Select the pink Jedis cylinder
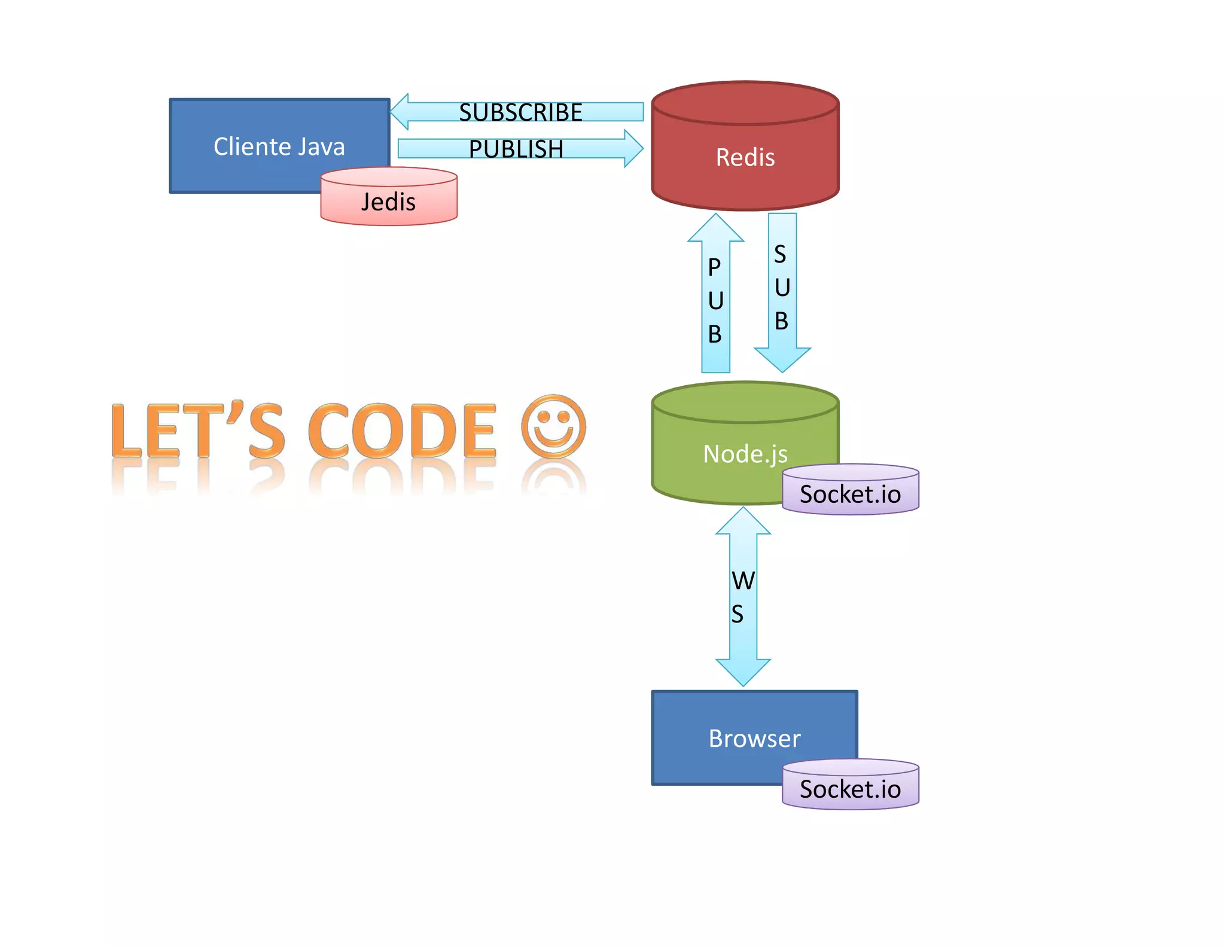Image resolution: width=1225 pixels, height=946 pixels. (389, 202)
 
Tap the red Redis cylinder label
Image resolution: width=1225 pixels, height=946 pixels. (745, 157)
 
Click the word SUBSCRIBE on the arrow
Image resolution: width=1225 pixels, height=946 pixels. (520, 112)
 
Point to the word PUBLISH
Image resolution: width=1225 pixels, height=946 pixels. (516, 149)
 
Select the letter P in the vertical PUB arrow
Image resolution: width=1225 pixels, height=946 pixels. (714, 267)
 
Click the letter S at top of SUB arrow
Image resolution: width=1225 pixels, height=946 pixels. (780, 254)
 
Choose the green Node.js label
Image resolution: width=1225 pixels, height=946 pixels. (745, 454)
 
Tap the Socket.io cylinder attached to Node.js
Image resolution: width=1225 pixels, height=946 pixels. (850, 494)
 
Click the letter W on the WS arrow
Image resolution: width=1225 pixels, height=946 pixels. (743, 581)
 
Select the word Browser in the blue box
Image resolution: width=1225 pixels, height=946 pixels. (754, 739)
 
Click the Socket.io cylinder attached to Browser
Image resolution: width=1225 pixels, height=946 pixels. (850, 789)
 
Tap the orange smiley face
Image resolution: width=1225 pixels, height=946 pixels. (553, 426)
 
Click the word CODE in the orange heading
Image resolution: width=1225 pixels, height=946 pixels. (402, 431)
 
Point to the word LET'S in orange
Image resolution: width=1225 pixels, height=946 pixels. (197, 431)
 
